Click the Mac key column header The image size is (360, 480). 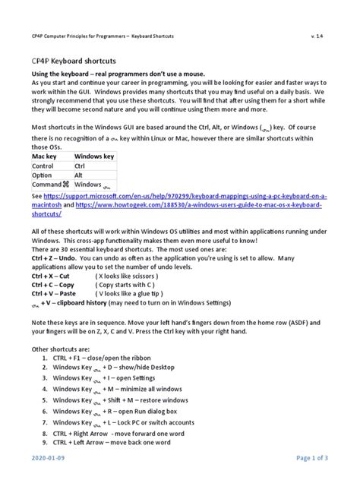click(x=46, y=155)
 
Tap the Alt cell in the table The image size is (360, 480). click(x=80, y=175)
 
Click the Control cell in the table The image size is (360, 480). click(x=45, y=165)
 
